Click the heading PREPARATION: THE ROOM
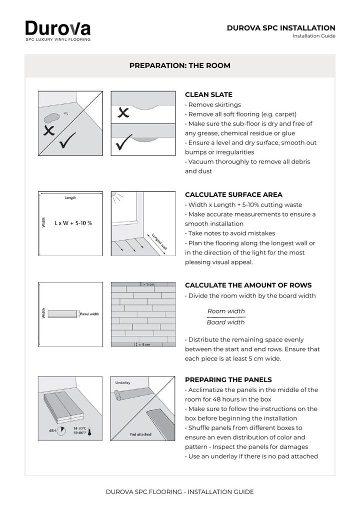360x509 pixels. coord(180,65)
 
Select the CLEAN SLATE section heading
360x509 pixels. coord(208,95)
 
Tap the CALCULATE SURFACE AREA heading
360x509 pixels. coord(233,195)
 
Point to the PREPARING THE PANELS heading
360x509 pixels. coord(228,380)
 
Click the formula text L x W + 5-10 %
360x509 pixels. coord(73,223)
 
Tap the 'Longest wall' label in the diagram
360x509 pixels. coord(159,241)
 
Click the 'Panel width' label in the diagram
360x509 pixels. coord(89,314)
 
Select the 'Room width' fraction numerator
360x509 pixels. coord(226,311)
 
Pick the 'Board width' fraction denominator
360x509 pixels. coord(226,322)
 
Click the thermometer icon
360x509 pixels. coord(90,431)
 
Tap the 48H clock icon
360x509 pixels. coord(61,431)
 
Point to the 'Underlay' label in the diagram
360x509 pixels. coord(122,382)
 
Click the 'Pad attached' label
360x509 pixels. coord(140,434)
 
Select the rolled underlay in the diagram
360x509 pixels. coord(117,394)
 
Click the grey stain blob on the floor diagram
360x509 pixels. coord(52,118)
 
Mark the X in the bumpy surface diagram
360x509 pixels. coord(123,112)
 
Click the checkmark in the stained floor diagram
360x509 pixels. coord(67,140)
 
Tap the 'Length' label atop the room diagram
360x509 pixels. coord(70,197)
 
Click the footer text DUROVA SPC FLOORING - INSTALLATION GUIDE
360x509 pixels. coord(180,492)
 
